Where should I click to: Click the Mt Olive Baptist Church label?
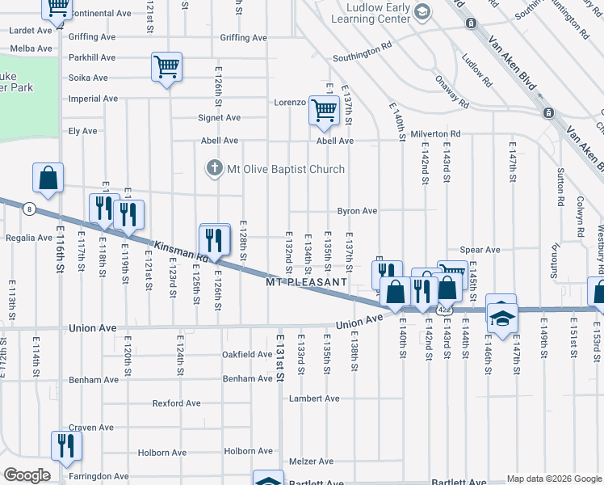pyautogui.click(x=285, y=169)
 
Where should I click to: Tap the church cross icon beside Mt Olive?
pyautogui.click(x=213, y=169)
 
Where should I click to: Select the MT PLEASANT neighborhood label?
pyautogui.click(x=307, y=281)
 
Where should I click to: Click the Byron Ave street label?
pyautogui.click(x=358, y=211)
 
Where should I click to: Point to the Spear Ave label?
pyautogui.click(x=480, y=250)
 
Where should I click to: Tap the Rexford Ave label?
pyautogui.click(x=177, y=403)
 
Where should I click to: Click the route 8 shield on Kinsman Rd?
pyautogui.click(x=29, y=209)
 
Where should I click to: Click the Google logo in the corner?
pyautogui.click(x=27, y=475)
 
